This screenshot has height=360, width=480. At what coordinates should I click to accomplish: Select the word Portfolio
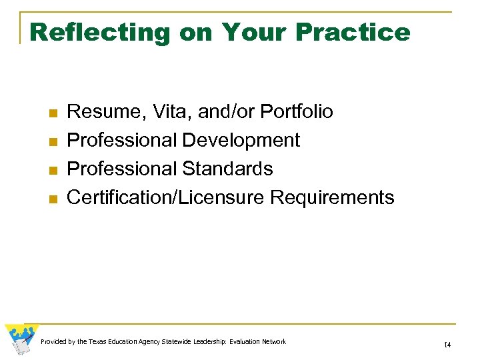pyautogui.click(x=296, y=111)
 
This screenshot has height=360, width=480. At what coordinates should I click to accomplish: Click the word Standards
pyautogui.click(x=228, y=169)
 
